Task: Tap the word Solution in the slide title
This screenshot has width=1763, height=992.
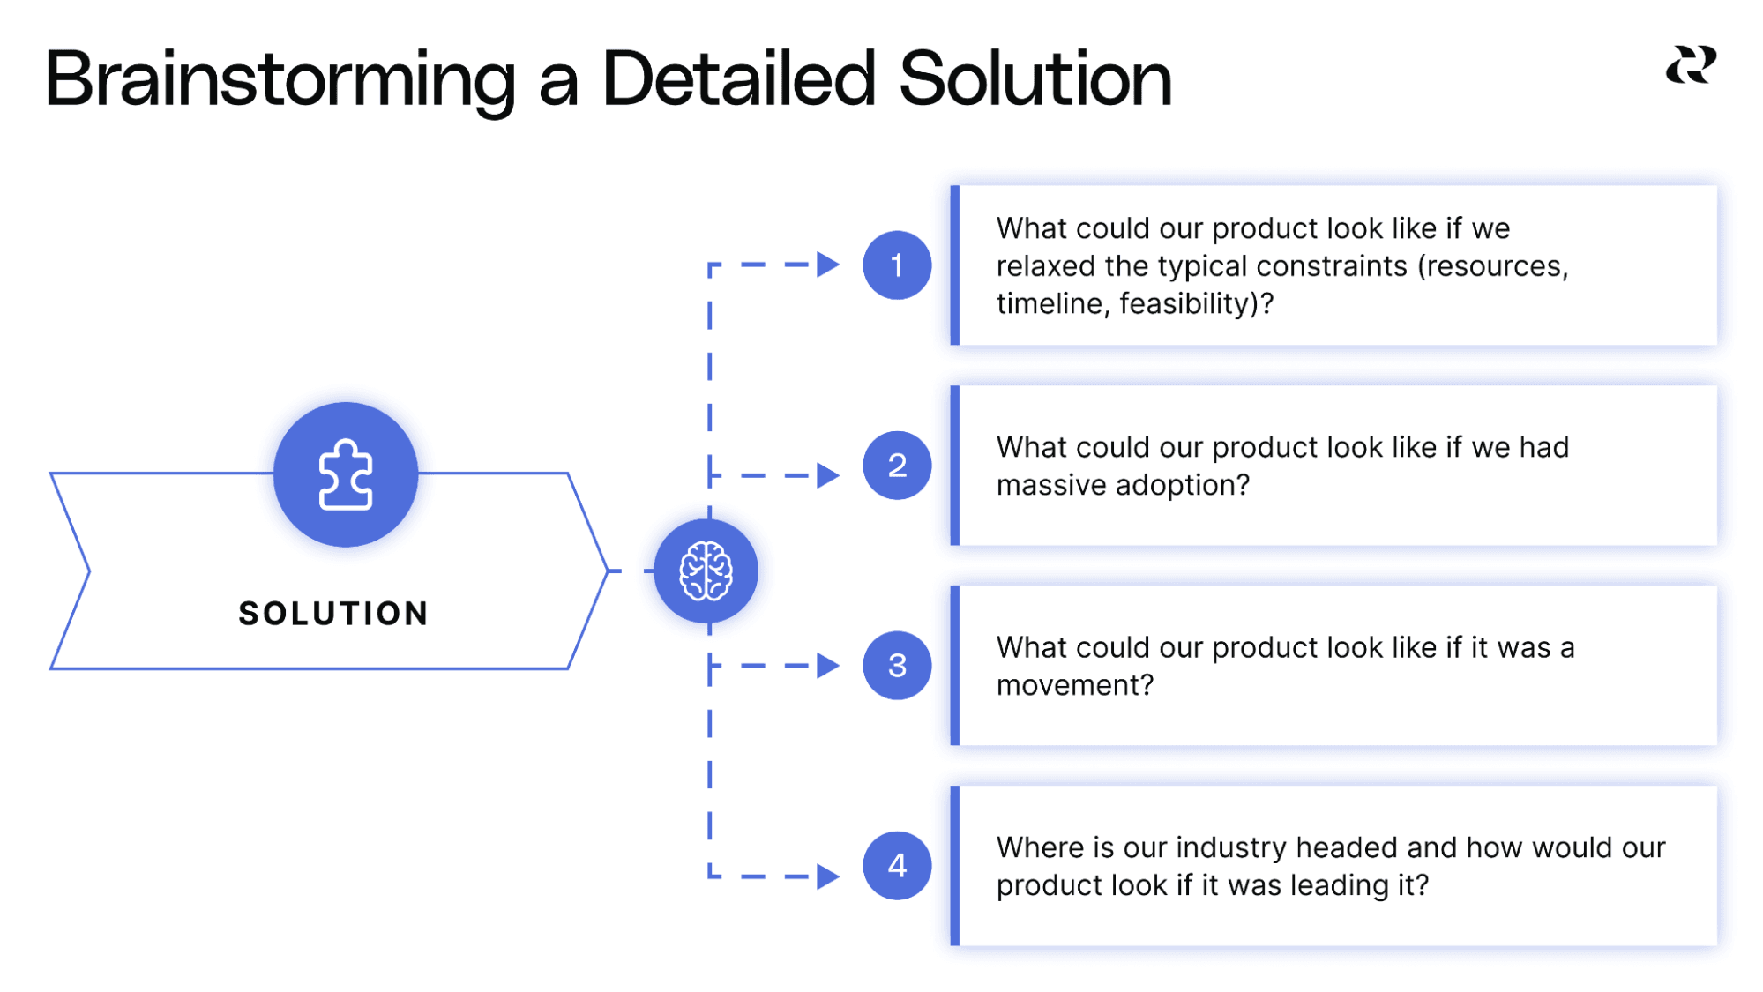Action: point(1035,79)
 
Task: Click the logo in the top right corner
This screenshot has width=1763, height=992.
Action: point(1691,66)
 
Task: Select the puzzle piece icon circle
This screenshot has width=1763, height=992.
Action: point(346,475)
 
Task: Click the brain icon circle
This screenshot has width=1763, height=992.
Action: point(706,571)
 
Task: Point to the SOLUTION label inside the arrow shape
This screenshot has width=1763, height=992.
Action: point(333,614)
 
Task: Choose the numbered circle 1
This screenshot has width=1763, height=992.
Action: point(897,265)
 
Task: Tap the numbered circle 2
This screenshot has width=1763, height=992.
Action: point(897,466)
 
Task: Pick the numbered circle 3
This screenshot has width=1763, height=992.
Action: point(897,666)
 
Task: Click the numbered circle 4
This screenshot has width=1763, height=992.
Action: point(897,866)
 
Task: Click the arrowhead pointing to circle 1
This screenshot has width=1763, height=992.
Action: point(827,265)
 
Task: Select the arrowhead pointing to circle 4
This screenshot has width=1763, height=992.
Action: point(827,876)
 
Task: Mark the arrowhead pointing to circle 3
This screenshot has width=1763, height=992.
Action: point(827,666)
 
